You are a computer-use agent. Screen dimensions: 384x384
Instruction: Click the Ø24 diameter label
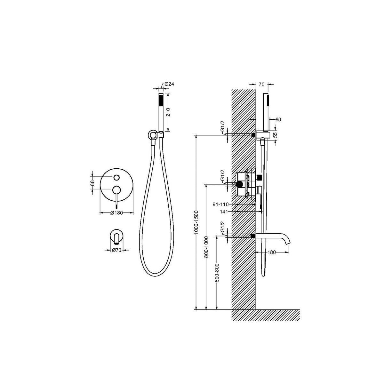pyautogui.click(x=169, y=84)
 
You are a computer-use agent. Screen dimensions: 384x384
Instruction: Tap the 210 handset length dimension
pyautogui.click(x=168, y=112)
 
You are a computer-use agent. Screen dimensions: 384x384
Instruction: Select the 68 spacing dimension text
pyautogui.click(x=92, y=183)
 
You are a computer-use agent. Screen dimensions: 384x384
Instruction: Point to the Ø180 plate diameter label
pyautogui.click(x=116, y=213)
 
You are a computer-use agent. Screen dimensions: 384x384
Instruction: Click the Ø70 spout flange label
pyautogui.click(x=116, y=250)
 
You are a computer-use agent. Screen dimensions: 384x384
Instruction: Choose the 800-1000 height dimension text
pyautogui.click(x=206, y=247)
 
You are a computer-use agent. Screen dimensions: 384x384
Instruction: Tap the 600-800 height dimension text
pyautogui.click(x=217, y=273)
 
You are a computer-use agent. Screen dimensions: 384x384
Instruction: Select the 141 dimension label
pyautogui.click(x=224, y=212)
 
